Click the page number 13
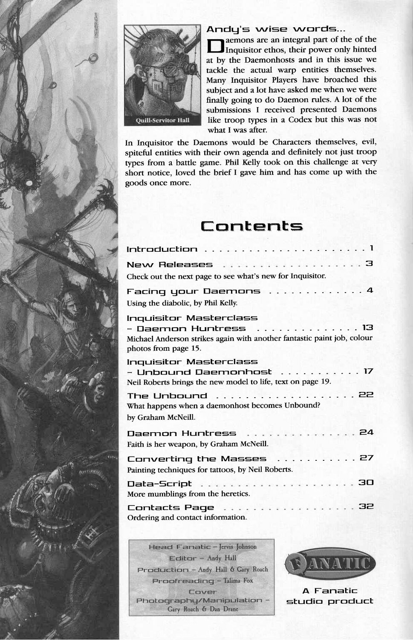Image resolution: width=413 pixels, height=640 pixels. pos(367,328)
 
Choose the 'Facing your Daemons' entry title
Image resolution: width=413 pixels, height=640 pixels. pos(194,291)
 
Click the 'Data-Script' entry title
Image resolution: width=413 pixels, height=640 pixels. pos(160,484)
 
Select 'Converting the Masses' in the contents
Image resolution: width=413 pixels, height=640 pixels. pos(197,459)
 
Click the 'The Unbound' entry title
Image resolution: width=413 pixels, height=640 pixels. pos(167,396)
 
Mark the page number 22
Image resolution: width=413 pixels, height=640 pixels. pos(367,395)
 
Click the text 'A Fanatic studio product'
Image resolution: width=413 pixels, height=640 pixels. pos(329,596)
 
